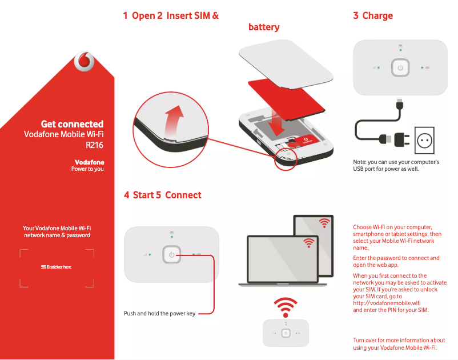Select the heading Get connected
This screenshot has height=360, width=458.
(x=72, y=124)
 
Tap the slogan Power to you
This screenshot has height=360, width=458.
(x=87, y=169)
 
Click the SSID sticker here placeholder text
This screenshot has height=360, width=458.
(x=56, y=267)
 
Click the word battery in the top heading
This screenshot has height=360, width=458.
(x=264, y=27)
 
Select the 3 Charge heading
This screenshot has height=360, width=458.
(x=373, y=15)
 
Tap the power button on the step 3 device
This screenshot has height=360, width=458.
(x=400, y=67)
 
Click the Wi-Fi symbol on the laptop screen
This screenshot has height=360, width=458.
(x=309, y=242)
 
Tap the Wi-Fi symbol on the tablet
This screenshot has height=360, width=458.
(x=324, y=222)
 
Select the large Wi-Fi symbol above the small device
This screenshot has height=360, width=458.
(x=286, y=307)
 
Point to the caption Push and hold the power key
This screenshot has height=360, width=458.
(x=159, y=313)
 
